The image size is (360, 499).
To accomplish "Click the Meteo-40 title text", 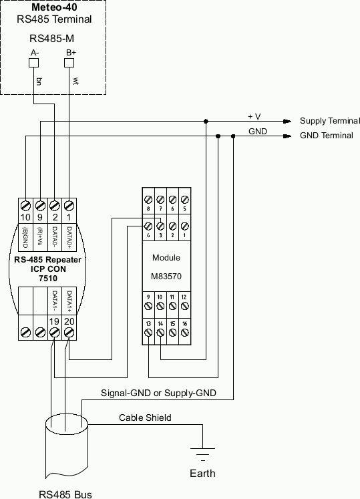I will point(53,7).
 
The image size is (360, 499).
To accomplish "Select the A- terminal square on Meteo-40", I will point(35,63).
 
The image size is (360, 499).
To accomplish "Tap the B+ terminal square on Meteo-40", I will point(69,63).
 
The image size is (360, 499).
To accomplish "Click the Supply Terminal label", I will point(330,121).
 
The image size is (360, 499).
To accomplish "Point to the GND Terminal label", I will point(327,136).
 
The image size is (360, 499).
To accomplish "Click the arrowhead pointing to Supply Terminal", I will point(287,122).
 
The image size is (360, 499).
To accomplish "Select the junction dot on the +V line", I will point(206,122).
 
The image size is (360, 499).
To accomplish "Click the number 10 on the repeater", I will point(25,216).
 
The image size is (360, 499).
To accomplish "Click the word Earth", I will point(202,473).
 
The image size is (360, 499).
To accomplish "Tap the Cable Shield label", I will point(145,418).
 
